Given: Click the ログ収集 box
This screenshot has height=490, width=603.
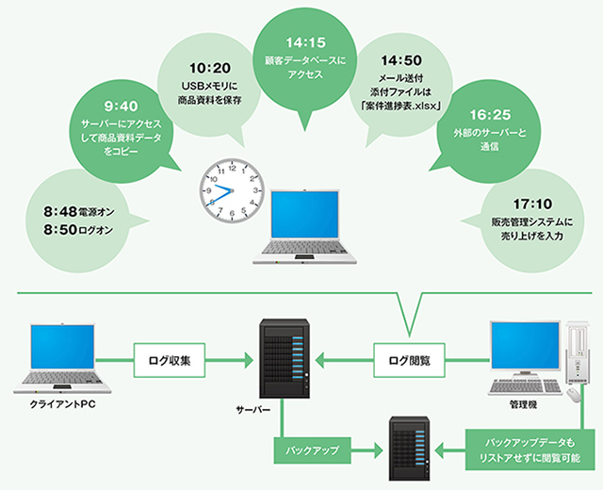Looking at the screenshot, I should [x=171, y=360].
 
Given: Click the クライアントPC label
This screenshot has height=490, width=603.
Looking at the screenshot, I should [x=62, y=404].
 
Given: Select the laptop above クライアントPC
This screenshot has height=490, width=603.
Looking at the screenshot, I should [x=63, y=357].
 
